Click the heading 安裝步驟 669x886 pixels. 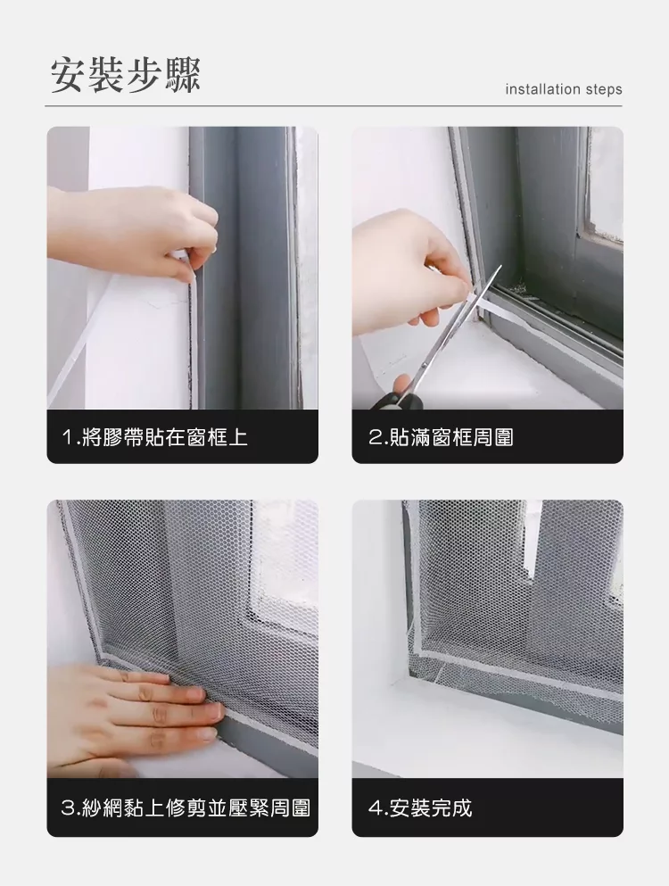point(126,75)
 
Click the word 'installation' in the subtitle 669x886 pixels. point(543,89)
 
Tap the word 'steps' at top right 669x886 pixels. point(604,90)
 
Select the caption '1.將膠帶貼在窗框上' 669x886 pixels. point(155,437)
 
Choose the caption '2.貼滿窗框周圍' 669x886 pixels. point(441,437)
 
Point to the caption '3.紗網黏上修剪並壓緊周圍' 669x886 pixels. point(186,808)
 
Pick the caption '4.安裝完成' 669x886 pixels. point(420,808)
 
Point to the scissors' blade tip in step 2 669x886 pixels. point(500,267)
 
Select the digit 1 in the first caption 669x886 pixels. point(68,437)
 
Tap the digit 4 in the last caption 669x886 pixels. point(375,808)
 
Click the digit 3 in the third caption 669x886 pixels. point(67,808)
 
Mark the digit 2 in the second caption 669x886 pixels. point(375,437)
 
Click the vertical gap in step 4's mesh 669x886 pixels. point(533,540)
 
